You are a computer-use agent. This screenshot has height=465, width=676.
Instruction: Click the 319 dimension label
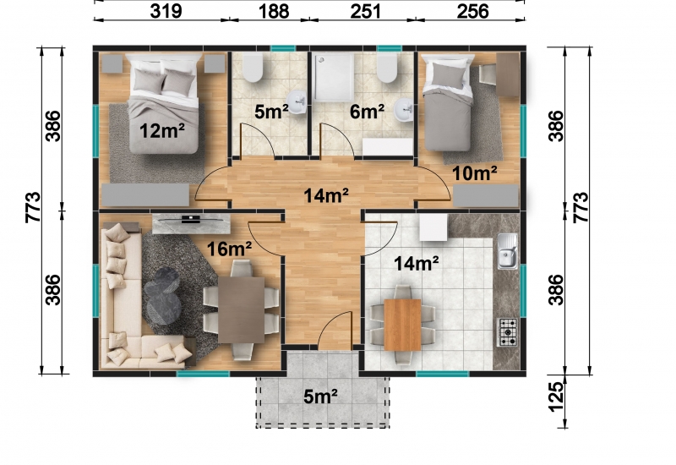coord(166,11)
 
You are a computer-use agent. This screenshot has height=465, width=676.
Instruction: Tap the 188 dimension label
coord(274,11)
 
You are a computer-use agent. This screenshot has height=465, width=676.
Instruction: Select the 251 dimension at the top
coord(366,11)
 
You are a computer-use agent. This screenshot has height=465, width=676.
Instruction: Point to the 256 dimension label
coord(473,11)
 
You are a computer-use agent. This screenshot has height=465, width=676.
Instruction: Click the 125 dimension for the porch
coord(556,397)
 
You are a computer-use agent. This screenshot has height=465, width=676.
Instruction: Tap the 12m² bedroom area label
coord(162,130)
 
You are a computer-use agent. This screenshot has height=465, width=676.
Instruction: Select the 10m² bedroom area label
coord(474,173)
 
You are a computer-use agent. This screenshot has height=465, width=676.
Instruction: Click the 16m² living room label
coord(229,249)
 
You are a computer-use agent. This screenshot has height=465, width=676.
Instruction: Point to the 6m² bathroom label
coord(367,112)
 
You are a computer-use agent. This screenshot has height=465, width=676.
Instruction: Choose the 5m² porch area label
coord(320,397)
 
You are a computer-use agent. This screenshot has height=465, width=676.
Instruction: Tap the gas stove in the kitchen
coord(508,332)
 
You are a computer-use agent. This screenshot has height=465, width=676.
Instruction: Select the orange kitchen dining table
coord(402,325)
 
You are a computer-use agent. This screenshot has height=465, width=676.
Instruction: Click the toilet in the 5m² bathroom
coord(252,68)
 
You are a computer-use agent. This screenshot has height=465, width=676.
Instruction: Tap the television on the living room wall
coord(191,219)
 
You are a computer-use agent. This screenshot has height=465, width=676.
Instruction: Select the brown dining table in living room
coord(241,310)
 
